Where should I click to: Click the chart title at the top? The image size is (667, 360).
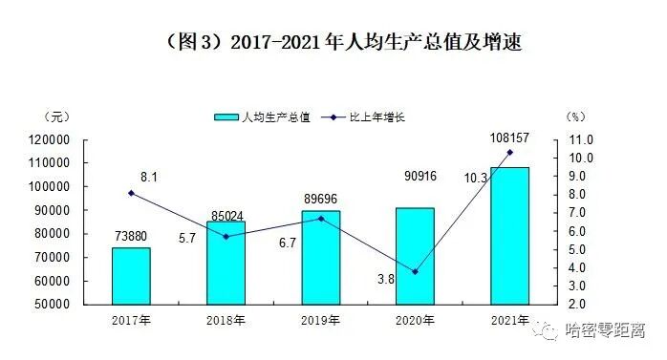point(334,43)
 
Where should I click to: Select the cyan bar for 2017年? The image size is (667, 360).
point(131,276)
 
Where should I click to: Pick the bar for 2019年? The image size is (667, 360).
point(320,257)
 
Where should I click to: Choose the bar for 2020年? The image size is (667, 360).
point(415,256)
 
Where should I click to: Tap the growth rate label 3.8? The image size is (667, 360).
point(387,278)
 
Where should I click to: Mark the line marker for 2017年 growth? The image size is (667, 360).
point(131,193)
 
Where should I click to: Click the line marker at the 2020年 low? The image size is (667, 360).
point(415,272)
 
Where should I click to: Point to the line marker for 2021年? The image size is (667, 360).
point(509,152)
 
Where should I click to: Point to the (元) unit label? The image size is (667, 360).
point(56,116)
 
